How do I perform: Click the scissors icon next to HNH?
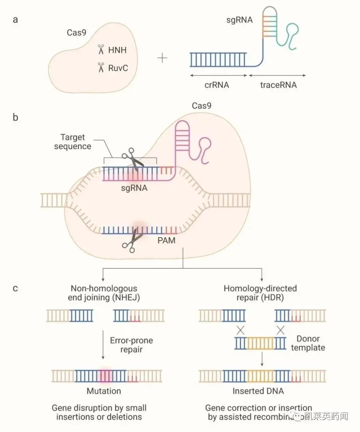pos(101,50)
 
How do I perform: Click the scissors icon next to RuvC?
pos(101,67)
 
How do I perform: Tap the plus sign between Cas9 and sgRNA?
pos(162,58)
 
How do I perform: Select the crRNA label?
pos(217,85)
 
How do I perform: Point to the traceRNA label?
pos(278,85)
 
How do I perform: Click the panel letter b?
pos(15,118)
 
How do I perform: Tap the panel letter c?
pos(15,289)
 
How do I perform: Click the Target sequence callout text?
pos(73,142)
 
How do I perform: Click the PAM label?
pos(166,240)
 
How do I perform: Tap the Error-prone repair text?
pos(131,345)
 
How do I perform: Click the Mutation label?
pos(104,391)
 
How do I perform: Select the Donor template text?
pos(308,343)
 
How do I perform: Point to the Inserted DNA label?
pos(258,391)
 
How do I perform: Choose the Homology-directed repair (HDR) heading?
pos(260,293)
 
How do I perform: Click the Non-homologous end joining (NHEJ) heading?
pos(104,293)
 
